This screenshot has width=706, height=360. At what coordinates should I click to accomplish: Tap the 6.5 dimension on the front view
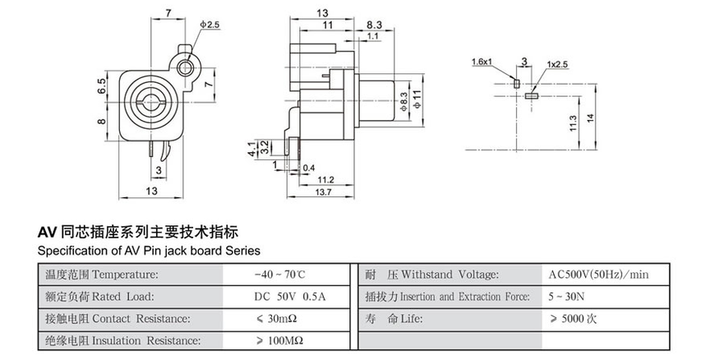[102, 87]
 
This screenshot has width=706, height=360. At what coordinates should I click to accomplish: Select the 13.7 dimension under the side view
[323, 192]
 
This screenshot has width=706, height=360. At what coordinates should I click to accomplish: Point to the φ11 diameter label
[418, 99]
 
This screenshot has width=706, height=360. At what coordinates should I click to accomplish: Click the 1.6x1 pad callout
[482, 62]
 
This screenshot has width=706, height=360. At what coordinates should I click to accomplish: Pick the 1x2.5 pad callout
[557, 62]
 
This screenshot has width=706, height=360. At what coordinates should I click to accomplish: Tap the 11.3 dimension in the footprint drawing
[574, 123]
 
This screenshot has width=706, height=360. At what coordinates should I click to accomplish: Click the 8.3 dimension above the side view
[374, 25]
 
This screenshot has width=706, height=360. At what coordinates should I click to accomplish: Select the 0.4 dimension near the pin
[309, 168]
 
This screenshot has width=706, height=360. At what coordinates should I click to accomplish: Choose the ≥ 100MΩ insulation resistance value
[279, 339]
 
